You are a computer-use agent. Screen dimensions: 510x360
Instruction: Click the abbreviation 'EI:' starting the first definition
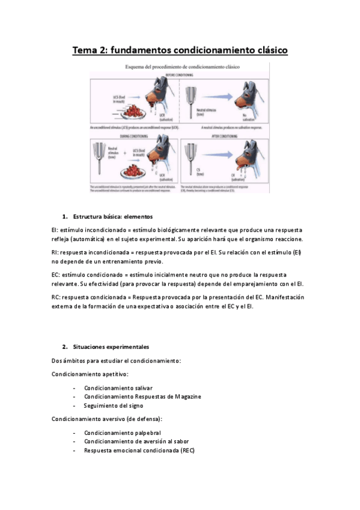(x=56, y=230)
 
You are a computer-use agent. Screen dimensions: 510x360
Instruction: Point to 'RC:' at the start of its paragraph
(x=56, y=297)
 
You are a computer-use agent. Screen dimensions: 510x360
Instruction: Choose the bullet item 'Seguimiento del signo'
(x=113, y=405)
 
